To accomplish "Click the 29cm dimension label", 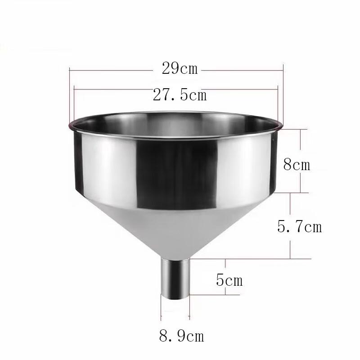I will tap(180, 69).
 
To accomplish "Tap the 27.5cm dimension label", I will tap(180, 95).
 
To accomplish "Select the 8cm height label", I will tap(297, 164).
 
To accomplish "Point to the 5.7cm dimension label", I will tap(300, 226).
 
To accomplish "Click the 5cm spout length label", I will tap(229, 281).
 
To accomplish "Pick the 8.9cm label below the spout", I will tap(181, 335).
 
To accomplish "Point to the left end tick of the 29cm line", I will tap(69, 70).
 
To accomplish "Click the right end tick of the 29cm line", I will tap(283, 70).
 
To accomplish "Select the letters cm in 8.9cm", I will tap(196, 336).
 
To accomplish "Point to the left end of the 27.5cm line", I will tap(74, 89).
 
